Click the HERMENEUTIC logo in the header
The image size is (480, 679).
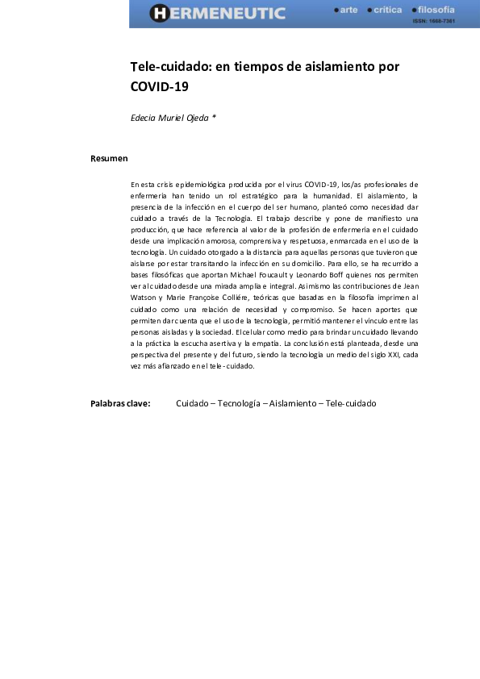(218, 13)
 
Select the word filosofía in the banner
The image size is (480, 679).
(436, 10)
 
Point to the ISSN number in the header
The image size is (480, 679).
(434, 21)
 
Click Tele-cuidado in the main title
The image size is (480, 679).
(165, 66)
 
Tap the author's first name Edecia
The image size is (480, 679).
(144, 118)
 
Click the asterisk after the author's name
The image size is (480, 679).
(214, 118)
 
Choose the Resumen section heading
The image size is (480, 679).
(109, 158)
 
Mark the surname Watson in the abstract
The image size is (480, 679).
(143, 297)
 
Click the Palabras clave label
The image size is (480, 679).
(120, 403)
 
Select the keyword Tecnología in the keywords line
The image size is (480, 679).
(238, 403)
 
